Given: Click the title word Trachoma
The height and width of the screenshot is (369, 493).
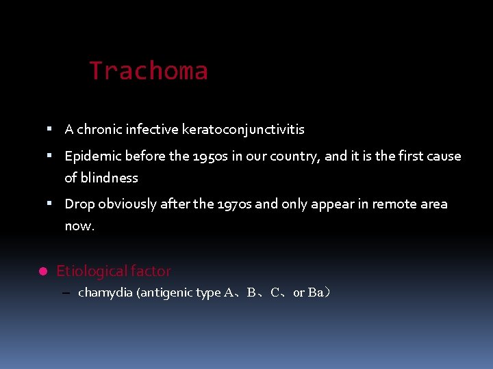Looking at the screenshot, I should [149, 71].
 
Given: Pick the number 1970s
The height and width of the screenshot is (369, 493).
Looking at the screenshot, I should [236, 204].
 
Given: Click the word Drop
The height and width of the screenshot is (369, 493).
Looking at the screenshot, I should [79, 204].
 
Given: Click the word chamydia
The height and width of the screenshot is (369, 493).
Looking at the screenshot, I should [106, 292].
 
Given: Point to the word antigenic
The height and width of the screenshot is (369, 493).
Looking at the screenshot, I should [167, 292].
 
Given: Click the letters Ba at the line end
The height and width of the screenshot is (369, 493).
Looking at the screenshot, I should [316, 292].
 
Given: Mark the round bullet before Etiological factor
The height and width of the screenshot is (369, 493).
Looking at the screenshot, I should [42, 271].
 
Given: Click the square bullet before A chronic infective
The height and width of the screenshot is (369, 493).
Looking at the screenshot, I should [50, 128].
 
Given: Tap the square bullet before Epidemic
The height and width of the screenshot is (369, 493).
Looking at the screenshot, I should [50, 155].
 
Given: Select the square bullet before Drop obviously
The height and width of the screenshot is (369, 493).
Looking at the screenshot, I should [50, 203].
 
